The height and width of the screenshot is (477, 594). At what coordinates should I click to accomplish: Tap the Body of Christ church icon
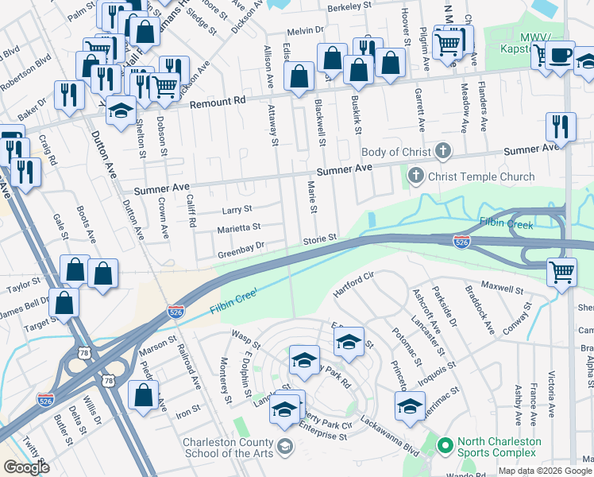[443, 152]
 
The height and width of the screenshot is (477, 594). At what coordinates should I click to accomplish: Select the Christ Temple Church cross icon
[415, 176]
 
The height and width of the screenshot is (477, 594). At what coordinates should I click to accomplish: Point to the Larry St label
[236, 210]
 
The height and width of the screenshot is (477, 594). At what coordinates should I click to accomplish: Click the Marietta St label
[239, 229]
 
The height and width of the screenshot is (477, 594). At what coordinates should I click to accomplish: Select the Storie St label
[320, 238]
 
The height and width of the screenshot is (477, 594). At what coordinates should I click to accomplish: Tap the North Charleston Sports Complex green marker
[444, 443]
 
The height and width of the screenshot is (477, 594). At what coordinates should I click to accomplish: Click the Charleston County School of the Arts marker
[285, 449]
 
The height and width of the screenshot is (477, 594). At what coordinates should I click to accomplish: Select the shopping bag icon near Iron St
[143, 394]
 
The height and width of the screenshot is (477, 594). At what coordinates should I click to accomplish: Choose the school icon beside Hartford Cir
[349, 342]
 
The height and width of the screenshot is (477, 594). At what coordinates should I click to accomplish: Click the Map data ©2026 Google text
[544, 471]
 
